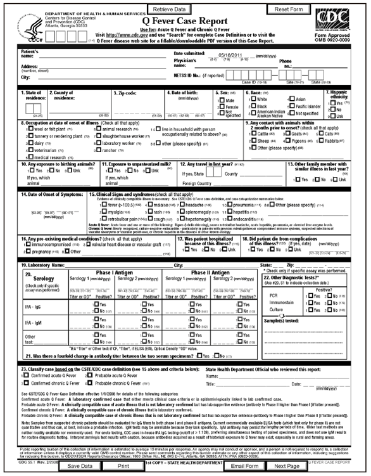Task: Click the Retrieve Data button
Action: point(169,10)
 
